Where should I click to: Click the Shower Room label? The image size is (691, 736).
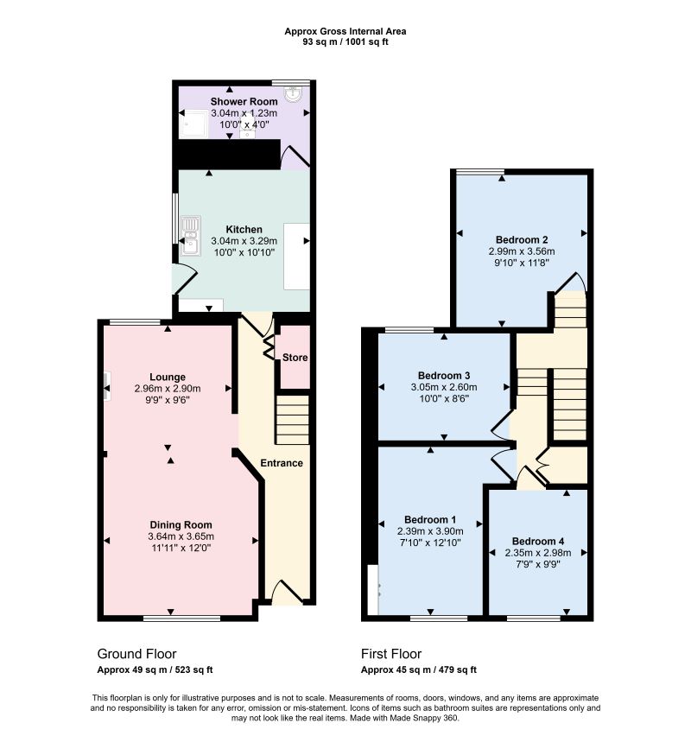coord(244,101)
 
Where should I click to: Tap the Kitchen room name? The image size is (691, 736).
coord(244,230)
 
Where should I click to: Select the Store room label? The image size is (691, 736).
coord(295,358)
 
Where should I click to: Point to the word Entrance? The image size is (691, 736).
coord(282,463)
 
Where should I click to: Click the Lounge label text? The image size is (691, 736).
coord(168,377)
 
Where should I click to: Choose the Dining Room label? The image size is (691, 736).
coord(181,524)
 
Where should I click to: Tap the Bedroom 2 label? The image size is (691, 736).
coord(522,240)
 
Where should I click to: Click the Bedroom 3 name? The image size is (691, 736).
coord(444,376)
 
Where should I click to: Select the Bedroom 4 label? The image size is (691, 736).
coord(538,542)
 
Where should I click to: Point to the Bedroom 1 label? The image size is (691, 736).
coord(430,520)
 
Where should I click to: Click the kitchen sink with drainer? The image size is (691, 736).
coord(191,235)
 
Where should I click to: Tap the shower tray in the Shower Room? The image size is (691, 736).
coord(193,124)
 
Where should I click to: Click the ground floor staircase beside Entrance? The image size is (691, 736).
coord(292,420)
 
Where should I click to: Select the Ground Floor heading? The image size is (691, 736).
coord(136,654)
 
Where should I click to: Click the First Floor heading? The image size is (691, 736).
coord(391,654)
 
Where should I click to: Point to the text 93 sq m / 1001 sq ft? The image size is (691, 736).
coord(345,41)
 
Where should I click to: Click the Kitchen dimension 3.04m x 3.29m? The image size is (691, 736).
coord(244,241)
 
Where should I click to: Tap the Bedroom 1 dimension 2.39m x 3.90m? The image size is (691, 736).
coord(430,531)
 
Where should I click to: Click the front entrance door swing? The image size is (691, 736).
coord(288,592)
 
